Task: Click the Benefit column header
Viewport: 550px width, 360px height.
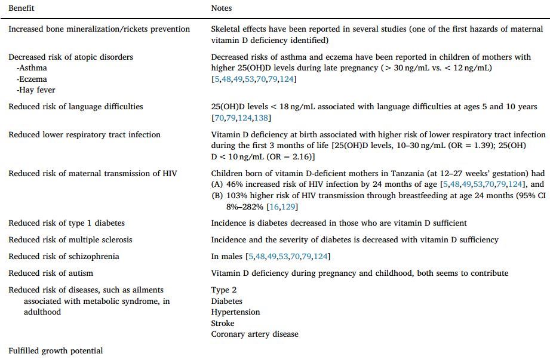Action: [21, 8]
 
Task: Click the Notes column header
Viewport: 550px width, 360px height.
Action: [221, 8]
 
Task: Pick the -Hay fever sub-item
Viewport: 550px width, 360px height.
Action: [36, 90]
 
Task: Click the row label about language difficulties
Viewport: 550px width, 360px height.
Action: [76, 106]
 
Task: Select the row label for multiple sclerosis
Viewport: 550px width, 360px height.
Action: [70, 239]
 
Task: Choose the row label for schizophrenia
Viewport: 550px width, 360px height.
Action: [64, 256]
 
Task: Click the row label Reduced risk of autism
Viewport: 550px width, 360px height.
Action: [51, 273]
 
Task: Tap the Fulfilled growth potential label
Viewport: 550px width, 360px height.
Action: [56, 350]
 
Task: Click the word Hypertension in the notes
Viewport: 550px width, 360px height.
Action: [235, 312]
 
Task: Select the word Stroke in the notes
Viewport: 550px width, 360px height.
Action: [222, 323]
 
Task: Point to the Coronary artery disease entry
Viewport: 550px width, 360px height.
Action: [254, 334]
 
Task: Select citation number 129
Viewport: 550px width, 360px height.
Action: [291, 207]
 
